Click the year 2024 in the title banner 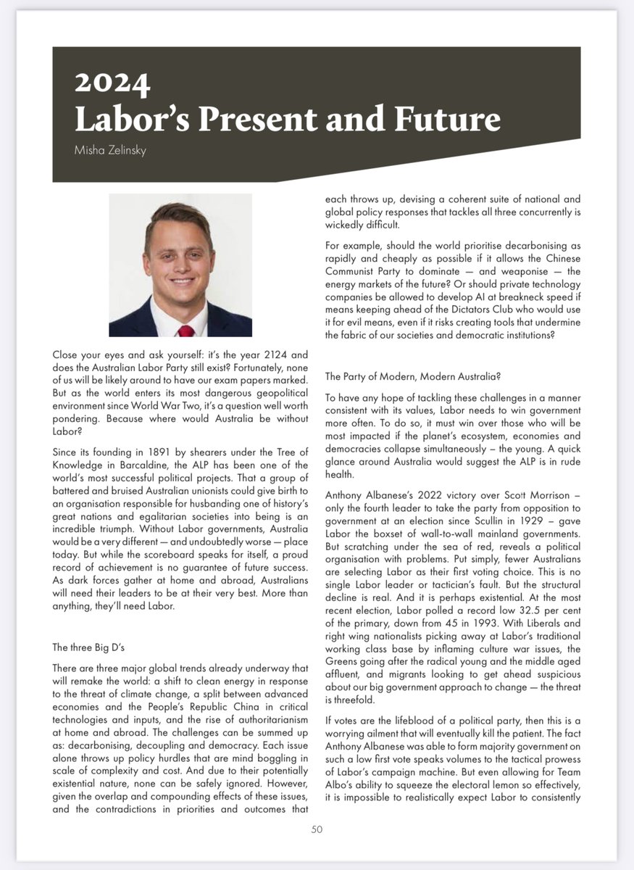tap(112, 85)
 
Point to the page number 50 tap(317, 830)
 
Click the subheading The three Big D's tap(91, 646)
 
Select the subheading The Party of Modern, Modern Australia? tap(413, 377)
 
